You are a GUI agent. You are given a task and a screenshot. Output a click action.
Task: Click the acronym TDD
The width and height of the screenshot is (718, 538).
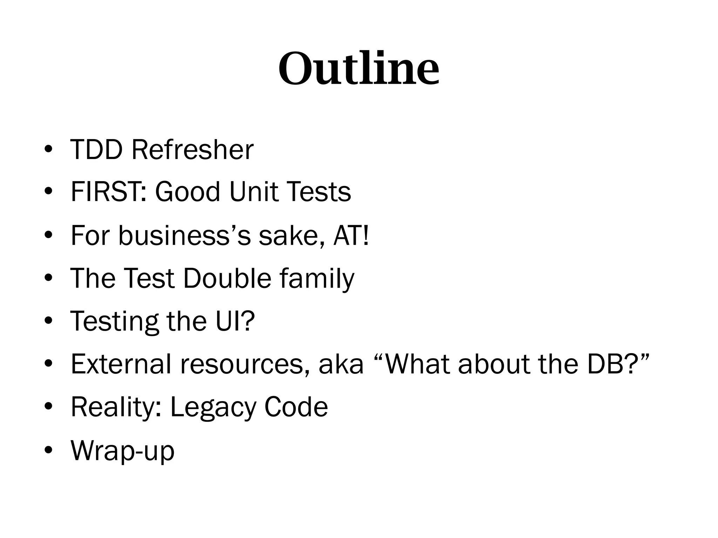point(96,150)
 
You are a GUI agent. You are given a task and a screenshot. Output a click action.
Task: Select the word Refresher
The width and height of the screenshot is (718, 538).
point(192,150)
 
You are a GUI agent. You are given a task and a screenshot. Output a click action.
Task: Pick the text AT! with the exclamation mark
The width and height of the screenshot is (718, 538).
point(351,235)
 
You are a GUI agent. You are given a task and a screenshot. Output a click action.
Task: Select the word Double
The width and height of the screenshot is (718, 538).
point(227,278)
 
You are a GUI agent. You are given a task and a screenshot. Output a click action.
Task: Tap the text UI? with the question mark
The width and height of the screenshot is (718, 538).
point(235,321)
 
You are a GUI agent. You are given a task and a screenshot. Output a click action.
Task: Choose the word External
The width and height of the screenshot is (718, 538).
point(121,364)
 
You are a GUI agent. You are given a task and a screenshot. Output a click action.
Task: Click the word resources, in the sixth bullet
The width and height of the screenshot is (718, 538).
point(245,365)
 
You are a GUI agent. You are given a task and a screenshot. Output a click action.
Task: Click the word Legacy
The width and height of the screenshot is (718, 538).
point(213,407)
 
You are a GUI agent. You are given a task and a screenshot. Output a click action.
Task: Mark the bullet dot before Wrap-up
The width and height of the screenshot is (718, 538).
point(49,450)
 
